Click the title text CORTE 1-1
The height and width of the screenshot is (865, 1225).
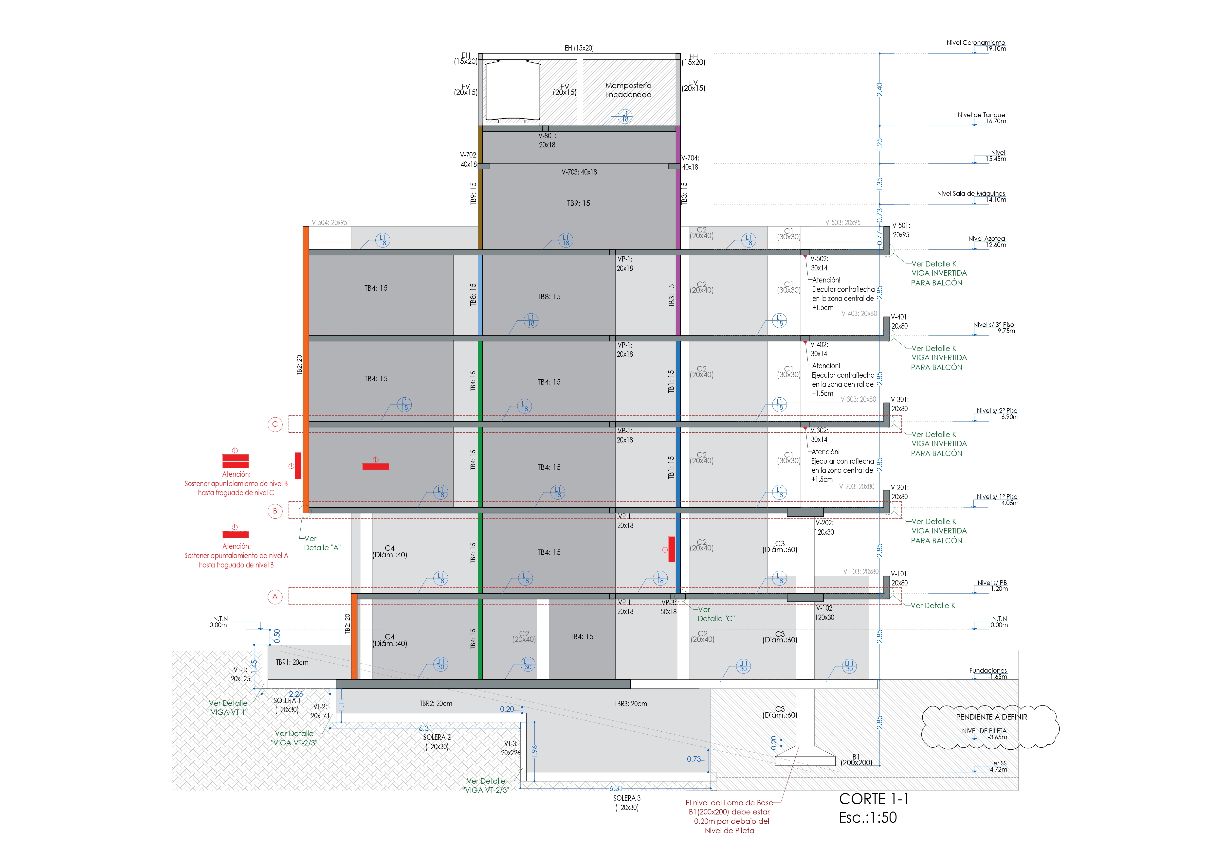click(x=873, y=799)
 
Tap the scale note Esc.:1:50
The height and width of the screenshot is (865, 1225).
click(x=868, y=817)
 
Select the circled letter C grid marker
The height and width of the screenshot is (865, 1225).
click(x=275, y=424)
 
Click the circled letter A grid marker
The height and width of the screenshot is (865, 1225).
click(x=275, y=597)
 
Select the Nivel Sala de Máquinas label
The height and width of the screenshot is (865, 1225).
click(x=971, y=196)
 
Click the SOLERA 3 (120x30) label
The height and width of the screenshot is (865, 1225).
click(x=627, y=803)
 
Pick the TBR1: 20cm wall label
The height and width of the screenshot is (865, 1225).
click(x=292, y=662)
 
